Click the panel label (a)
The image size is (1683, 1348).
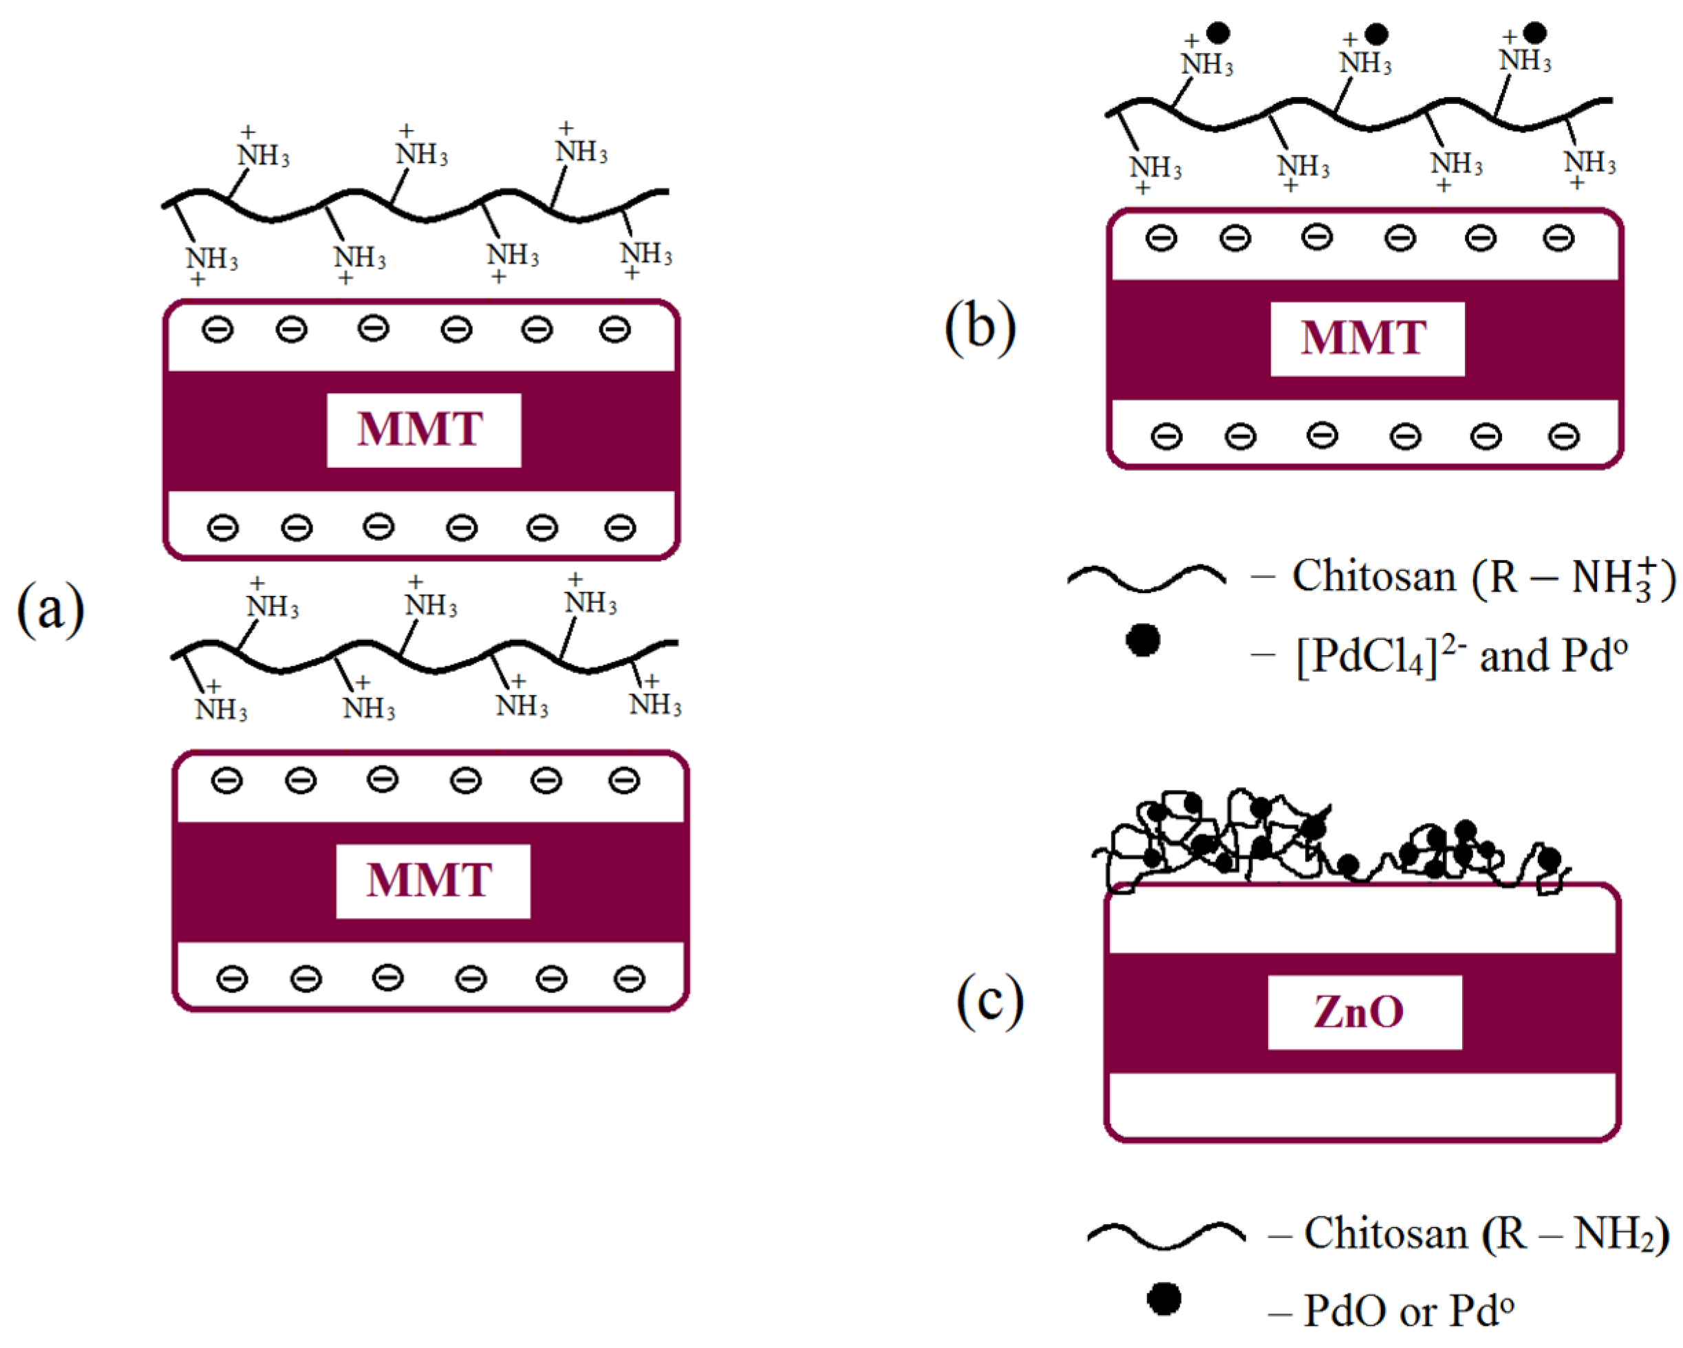50,610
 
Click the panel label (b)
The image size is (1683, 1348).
980,327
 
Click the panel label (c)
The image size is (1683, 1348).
990,1001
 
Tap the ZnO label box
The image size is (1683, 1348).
1364,1012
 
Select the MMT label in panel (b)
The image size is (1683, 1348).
1367,339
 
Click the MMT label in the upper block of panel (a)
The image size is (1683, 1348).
423,430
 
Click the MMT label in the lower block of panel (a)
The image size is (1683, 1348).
433,881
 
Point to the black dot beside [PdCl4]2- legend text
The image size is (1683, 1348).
1143,640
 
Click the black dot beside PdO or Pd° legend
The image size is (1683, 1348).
1164,1299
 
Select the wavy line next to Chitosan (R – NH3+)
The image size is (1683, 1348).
1146,577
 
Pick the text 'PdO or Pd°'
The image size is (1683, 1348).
1408,1309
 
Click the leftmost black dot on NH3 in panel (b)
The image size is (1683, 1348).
1218,33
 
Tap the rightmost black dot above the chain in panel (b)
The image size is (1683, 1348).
1534,32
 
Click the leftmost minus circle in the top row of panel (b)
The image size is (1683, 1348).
1161,237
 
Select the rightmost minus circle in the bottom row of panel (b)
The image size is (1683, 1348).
1563,436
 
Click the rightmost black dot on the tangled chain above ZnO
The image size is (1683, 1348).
1549,859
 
